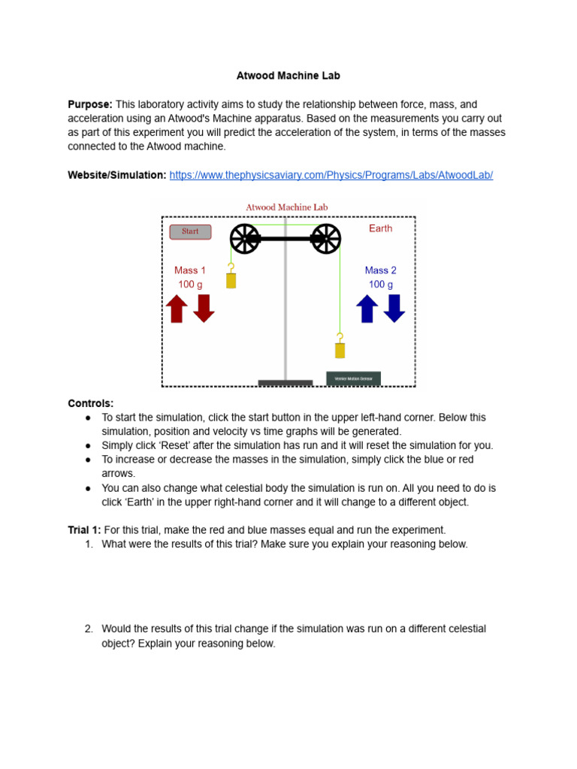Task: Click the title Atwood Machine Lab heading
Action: coord(288,76)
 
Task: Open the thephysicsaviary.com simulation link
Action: coord(331,175)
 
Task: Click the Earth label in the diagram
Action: coord(380,228)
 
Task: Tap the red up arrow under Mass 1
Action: coord(177,309)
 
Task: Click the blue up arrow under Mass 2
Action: coord(367,309)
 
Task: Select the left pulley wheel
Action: coord(245,239)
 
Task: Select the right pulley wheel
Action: coord(326,239)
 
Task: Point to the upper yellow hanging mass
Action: coord(231,280)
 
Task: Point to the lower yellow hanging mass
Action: coord(340,350)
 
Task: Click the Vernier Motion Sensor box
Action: coord(353,378)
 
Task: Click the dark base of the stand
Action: coord(285,383)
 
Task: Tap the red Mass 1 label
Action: coord(190,270)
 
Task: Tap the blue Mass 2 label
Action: coord(380,270)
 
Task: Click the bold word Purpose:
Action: coord(90,104)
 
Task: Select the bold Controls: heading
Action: coord(91,403)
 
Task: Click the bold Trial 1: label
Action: coord(84,529)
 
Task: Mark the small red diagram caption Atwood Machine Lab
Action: coord(286,207)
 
